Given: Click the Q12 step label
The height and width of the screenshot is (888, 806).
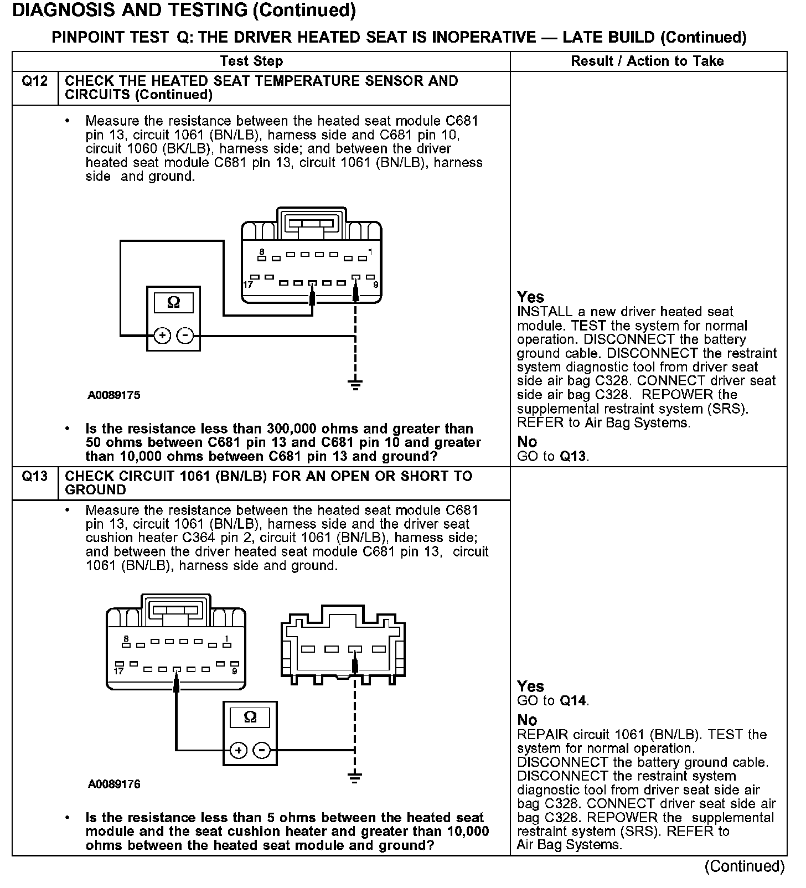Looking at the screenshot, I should click(34, 81).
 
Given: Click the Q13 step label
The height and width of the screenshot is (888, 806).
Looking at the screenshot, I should click(34, 476).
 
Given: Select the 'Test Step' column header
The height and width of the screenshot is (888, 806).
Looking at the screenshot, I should click(251, 61).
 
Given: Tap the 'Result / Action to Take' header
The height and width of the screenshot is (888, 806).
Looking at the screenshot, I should click(647, 61).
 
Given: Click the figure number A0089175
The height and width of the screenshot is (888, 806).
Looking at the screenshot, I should click(114, 395).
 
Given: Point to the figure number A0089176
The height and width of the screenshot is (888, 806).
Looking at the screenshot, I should click(114, 784).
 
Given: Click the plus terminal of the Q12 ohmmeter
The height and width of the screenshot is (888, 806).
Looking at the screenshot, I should click(162, 335).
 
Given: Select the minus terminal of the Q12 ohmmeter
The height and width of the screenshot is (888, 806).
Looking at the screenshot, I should click(185, 335).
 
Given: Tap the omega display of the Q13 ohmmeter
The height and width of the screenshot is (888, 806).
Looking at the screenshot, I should click(250, 717).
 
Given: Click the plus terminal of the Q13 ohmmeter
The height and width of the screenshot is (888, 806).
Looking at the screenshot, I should click(239, 750).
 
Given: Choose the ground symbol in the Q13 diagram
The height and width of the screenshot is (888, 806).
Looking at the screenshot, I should click(355, 776).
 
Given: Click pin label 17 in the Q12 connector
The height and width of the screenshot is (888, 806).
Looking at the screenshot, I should click(248, 285).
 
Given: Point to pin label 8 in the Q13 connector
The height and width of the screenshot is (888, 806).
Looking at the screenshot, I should click(127, 638).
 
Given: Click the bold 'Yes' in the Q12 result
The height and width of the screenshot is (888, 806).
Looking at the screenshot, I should click(530, 297).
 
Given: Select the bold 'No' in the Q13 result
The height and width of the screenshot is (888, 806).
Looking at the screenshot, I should click(527, 720).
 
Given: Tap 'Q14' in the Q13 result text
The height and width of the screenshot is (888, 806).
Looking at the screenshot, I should click(572, 701).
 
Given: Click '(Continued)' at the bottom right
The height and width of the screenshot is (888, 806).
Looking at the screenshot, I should click(745, 866).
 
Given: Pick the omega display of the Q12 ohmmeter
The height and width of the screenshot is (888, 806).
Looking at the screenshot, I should click(173, 303).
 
